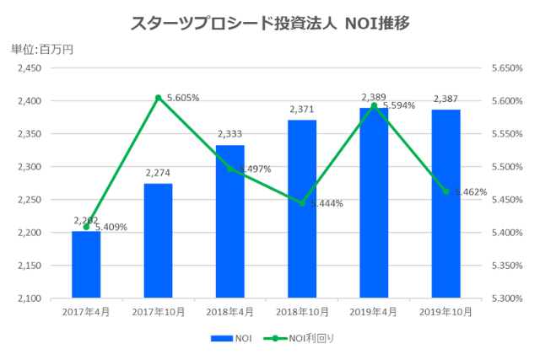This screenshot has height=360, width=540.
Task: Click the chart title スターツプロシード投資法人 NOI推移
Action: point(270,24)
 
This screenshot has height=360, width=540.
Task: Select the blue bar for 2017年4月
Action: point(86,265)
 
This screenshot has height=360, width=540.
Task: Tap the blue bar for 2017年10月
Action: point(158,241)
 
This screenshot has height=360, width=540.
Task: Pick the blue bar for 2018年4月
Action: point(230,222)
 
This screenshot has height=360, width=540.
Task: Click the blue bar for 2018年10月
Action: point(302,209)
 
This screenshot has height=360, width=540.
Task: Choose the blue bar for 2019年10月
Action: point(446,204)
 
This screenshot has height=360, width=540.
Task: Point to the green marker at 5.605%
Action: point(158,98)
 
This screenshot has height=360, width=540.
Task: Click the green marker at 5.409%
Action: point(86,227)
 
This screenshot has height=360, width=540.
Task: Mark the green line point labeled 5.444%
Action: point(302,203)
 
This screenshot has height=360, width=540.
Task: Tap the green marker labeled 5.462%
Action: point(446,191)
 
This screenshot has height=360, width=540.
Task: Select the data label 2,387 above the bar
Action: point(446,99)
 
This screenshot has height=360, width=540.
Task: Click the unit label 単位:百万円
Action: point(42,49)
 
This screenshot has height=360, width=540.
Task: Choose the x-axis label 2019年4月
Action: point(374,312)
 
